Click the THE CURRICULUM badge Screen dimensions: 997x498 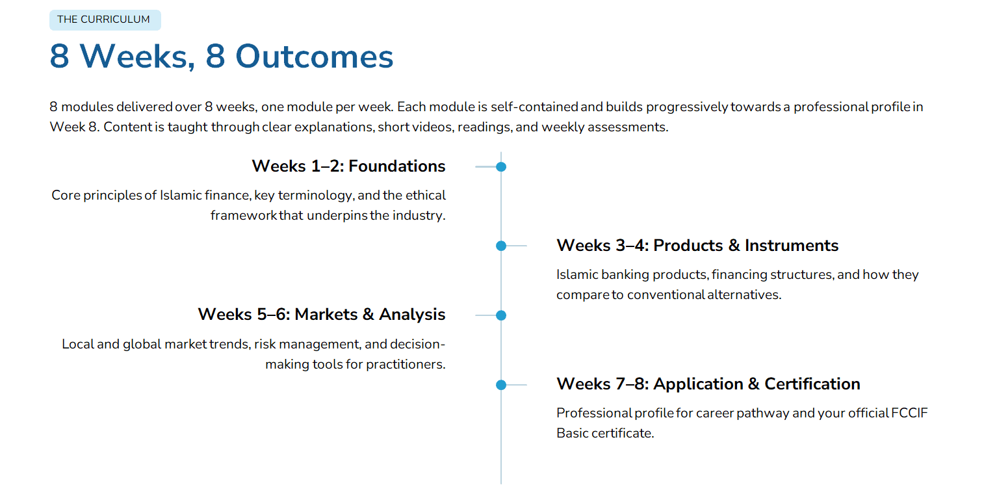click(105, 20)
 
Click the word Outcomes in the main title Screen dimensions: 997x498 click(314, 57)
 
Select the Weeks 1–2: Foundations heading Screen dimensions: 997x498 click(348, 166)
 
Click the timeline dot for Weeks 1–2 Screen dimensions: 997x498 click(501, 167)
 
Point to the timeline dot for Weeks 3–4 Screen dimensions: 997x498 click(501, 246)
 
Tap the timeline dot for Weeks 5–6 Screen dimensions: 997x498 click(501, 315)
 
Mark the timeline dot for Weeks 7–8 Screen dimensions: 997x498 click(501, 385)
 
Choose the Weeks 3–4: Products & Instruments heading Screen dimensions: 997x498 click(697, 245)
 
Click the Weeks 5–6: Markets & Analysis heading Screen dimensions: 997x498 click(321, 314)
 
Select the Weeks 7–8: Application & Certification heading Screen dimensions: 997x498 click(708, 384)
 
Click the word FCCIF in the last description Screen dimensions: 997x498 click(909, 413)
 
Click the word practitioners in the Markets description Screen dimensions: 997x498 click(406, 365)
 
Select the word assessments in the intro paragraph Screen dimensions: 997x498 click(628, 127)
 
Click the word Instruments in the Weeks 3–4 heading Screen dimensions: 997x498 click(792, 245)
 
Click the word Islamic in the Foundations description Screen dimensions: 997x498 click(181, 196)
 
